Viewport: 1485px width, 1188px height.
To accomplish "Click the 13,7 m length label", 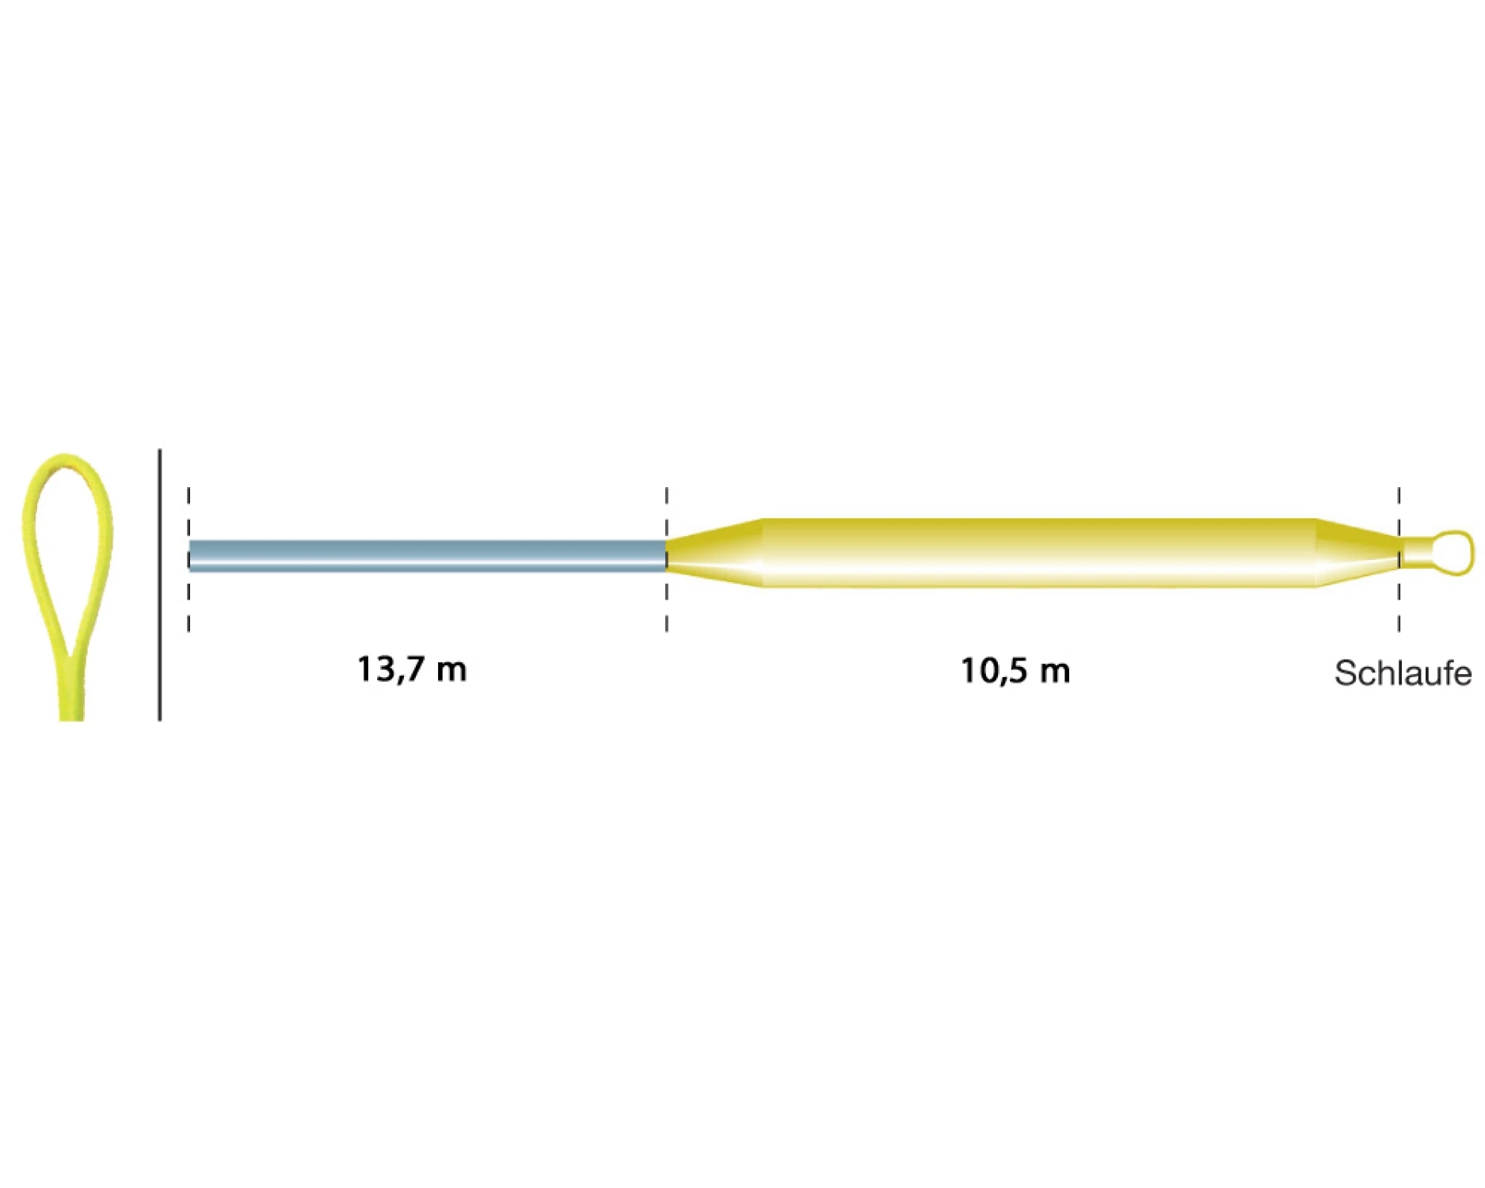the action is (x=412, y=669).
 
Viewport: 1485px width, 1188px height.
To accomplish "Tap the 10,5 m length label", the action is (x=1015, y=671).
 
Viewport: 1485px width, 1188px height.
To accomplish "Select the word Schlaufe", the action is (x=1403, y=673).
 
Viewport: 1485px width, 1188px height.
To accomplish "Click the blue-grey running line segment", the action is (x=428, y=555).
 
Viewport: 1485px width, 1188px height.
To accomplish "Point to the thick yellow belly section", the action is (x=1039, y=553).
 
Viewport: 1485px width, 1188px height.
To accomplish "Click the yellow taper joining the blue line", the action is (x=714, y=553).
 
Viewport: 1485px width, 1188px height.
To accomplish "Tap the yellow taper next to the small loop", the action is (x=1357, y=553).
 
